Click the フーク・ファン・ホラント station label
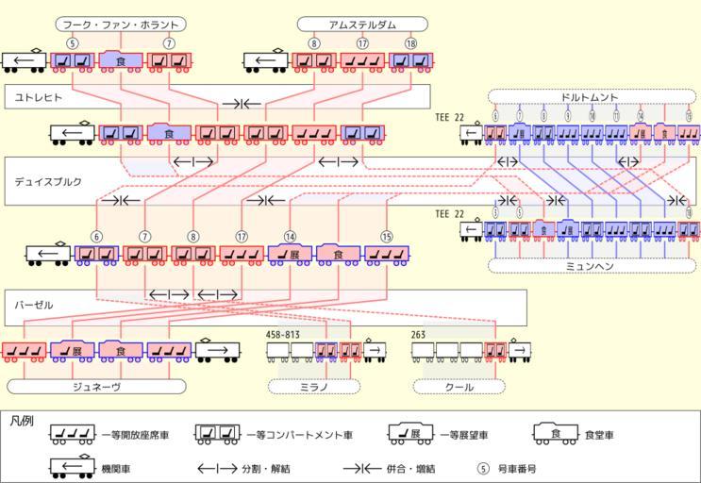point(120,24)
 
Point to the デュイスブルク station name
point(48,180)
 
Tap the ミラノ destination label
point(314,387)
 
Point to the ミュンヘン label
point(592,266)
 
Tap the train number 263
point(419,334)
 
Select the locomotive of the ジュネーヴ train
point(217,351)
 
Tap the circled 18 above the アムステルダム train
point(410,43)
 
